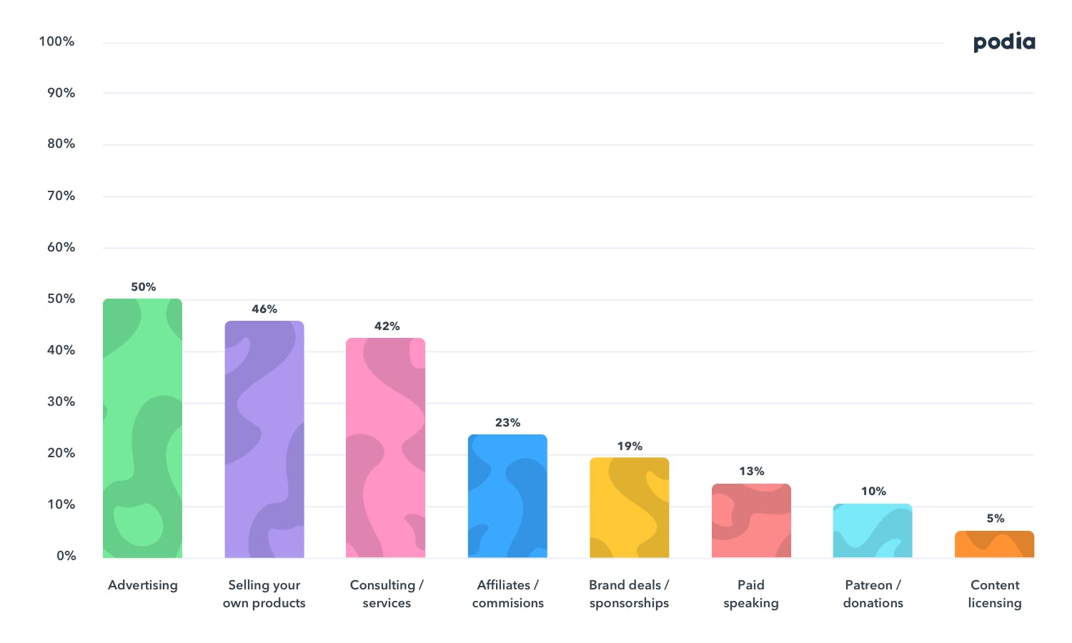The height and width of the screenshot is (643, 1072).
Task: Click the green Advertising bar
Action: pos(142,429)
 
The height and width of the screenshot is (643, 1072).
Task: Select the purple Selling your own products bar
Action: pos(264,439)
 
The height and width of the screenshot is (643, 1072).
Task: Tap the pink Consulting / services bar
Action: pos(386,448)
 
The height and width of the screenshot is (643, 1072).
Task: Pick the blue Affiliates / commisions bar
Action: pos(507,496)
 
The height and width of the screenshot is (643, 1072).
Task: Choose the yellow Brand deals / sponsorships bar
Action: pos(629,507)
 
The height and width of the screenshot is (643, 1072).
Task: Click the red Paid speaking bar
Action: pos(751,521)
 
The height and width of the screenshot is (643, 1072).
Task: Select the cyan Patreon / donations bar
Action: pos(873,531)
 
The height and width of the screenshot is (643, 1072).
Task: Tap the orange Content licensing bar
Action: pos(994,544)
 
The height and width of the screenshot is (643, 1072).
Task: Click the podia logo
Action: pos(1004,42)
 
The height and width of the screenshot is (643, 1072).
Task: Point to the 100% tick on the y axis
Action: pos(56,41)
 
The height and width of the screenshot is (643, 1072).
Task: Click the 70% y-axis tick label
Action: pos(61,196)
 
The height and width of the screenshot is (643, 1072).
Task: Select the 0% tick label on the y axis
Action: pos(66,556)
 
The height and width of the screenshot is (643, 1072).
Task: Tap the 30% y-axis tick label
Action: pos(61,402)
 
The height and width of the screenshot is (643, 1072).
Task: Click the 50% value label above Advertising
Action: pos(143,287)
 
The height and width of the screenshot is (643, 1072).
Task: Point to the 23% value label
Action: pos(507,423)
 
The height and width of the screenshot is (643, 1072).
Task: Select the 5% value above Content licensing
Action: pos(995,519)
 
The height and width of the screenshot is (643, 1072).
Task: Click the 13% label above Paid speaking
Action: pos(751,472)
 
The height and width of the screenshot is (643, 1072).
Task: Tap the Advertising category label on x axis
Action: pos(143,585)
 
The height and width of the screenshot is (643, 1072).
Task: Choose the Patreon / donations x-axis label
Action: pos(873,594)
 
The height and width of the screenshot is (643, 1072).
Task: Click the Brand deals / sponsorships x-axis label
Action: pos(629,594)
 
